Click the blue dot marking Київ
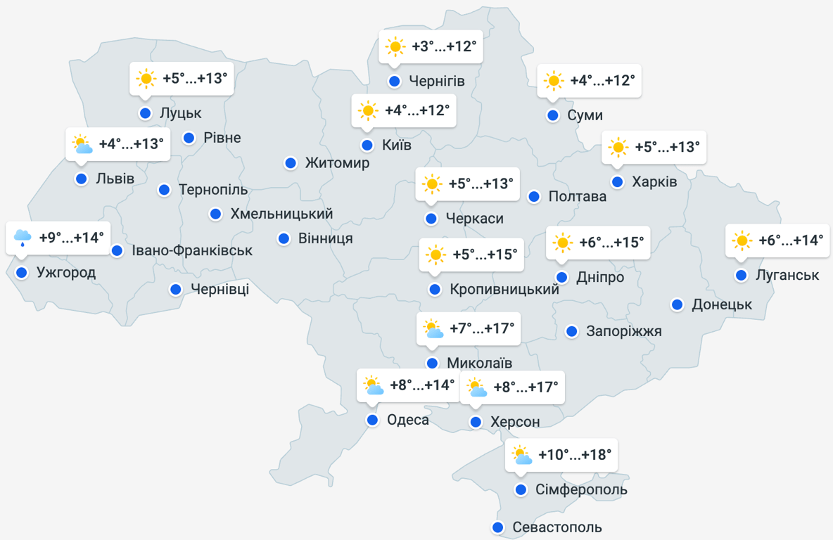367,146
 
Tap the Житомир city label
337,163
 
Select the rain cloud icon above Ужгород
22,238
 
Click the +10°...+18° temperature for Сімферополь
575,455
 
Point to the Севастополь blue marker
498,527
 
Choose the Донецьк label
722,304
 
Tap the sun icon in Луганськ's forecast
742,240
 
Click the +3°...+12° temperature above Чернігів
444,47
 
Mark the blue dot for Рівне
189,138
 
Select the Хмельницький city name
281,214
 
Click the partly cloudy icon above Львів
82,144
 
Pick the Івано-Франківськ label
192,250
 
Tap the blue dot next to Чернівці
175,289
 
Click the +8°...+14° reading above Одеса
422,385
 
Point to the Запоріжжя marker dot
572,331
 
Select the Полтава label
577,197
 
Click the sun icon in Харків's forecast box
618,147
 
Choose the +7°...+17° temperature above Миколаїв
482,328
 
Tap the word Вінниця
325,239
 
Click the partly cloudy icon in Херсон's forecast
477,387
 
